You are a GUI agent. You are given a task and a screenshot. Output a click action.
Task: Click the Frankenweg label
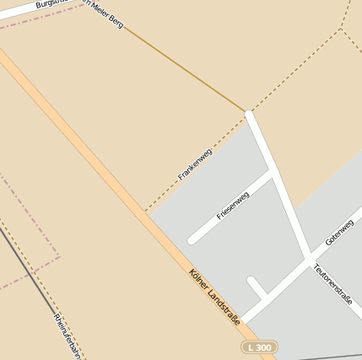point(195,164)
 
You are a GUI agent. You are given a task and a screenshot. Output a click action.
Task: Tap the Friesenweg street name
point(233,206)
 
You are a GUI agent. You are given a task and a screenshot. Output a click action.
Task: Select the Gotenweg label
point(339,230)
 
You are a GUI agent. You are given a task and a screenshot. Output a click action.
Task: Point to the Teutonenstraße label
point(332,284)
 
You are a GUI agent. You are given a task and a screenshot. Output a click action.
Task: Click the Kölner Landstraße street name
point(215,297)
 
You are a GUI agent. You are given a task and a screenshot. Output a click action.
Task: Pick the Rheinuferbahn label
point(68,336)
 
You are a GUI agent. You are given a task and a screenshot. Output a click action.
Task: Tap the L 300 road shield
point(259,347)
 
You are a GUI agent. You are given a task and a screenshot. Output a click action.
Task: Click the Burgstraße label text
point(52,4)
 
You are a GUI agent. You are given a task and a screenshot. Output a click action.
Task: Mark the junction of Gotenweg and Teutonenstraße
point(309,256)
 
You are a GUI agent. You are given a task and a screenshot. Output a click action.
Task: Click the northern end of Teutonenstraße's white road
point(249,113)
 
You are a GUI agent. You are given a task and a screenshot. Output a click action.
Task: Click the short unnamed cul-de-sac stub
point(252,282)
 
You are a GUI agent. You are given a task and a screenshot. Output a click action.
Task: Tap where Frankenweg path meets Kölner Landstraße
point(146,211)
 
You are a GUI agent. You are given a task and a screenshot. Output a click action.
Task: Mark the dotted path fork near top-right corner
point(341,30)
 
